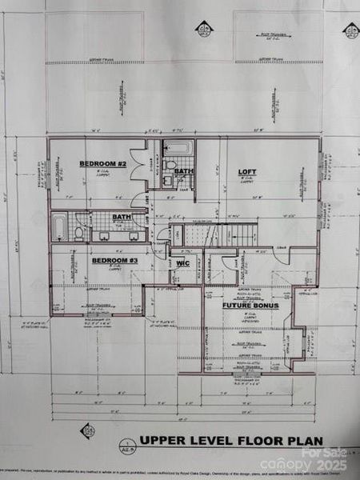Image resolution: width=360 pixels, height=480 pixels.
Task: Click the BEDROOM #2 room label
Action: click(x=103, y=164)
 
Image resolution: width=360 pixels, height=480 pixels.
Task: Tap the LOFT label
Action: click(x=247, y=172)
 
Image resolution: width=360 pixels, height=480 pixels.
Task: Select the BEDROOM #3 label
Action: click(x=114, y=261)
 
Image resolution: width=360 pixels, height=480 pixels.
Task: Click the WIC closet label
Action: click(x=183, y=263)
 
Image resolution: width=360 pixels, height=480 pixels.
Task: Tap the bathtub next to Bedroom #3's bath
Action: click(x=58, y=226)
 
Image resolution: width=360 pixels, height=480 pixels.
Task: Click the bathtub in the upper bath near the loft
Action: click(x=178, y=148)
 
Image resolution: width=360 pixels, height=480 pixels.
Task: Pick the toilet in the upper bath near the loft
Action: click(x=171, y=166)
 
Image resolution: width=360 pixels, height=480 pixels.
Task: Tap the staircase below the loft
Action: click(x=220, y=235)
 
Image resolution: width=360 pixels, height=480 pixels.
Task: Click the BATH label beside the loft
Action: click(x=183, y=171)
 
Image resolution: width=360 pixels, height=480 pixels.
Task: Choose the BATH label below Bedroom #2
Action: click(x=122, y=217)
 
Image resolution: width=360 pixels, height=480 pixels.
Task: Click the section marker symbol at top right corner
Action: click(x=350, y=31)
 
